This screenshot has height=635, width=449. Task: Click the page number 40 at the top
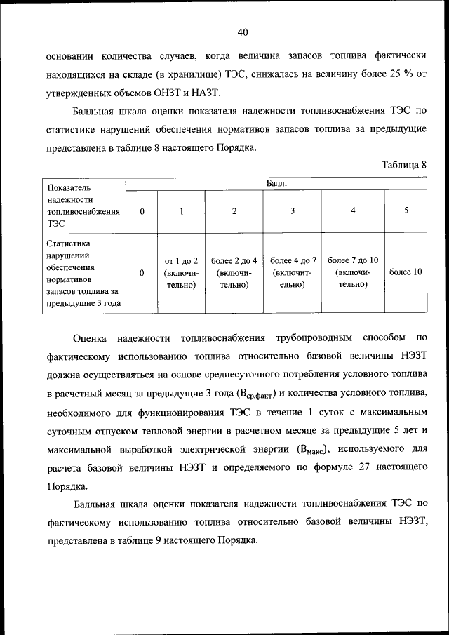[243, 32]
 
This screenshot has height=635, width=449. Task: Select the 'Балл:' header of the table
[276, 183]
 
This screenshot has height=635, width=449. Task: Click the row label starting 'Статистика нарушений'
[83, 273]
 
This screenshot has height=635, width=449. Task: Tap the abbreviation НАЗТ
[207, 92]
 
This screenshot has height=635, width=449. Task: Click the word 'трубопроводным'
[311, 338]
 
